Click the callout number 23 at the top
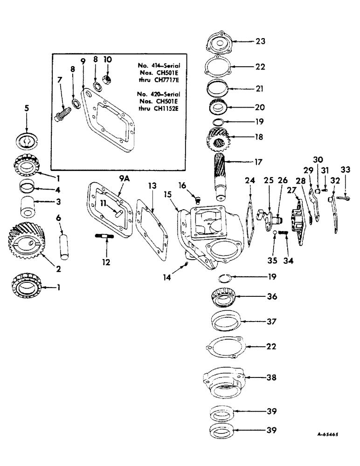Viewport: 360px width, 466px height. coord(260,41)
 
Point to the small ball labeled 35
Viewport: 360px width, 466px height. coord(275,233)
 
